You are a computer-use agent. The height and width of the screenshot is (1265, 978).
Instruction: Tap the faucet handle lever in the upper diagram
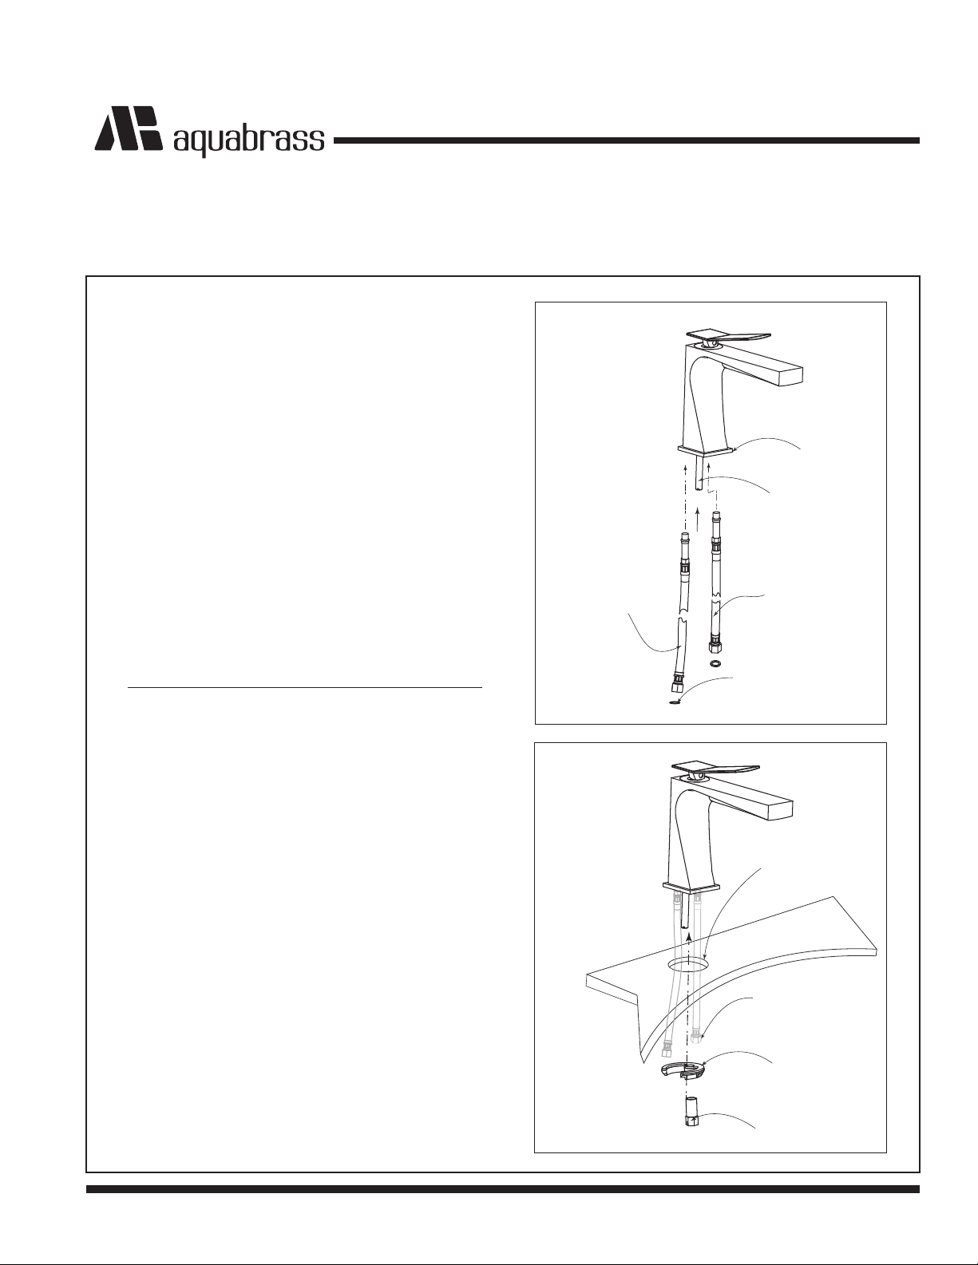[x=729, y=336]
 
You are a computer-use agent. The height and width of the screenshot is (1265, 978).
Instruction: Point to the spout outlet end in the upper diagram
[x=792, y=374]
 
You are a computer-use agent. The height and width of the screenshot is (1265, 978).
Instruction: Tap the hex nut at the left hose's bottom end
[x=679, y=680]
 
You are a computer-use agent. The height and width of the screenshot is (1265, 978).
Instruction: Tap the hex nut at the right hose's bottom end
[x=715, y=646]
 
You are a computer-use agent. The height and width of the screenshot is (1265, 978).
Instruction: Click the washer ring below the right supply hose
[x=715, y=663]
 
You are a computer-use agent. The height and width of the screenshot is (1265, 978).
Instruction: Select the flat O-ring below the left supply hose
[x=675, y=704]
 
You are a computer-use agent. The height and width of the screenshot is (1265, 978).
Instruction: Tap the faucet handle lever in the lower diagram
[x=715, y=769]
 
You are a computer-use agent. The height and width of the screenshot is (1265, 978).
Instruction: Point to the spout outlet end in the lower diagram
[x=782, y=808]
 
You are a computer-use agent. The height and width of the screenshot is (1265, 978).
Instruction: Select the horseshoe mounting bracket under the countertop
[x=683, y=1071]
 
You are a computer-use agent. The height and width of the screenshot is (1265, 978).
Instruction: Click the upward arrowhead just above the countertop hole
[x=689, y=936]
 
